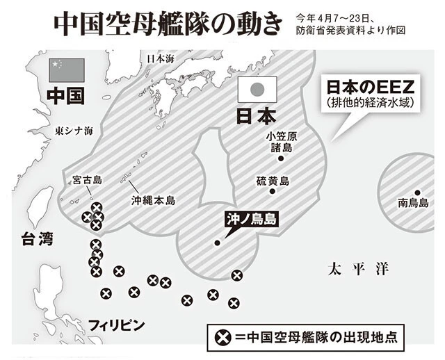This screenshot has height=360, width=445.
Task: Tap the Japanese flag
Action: point(257,90)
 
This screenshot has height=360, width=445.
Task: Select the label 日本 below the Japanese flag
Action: point(257,115)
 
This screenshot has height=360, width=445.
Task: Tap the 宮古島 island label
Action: point(88,180)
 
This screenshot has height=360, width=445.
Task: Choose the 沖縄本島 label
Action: point(154,200)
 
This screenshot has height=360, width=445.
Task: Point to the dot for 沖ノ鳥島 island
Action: point(218,243)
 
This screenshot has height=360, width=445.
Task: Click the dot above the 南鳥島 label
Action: point(417,192)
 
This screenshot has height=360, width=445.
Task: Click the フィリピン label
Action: point(117,325)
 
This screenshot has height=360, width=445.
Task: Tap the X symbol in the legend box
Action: point(222,338)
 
